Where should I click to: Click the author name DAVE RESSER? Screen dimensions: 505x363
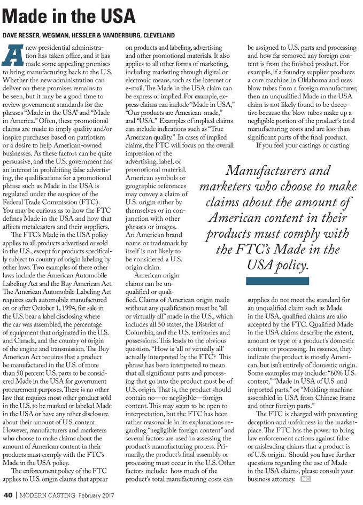[24, 36]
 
